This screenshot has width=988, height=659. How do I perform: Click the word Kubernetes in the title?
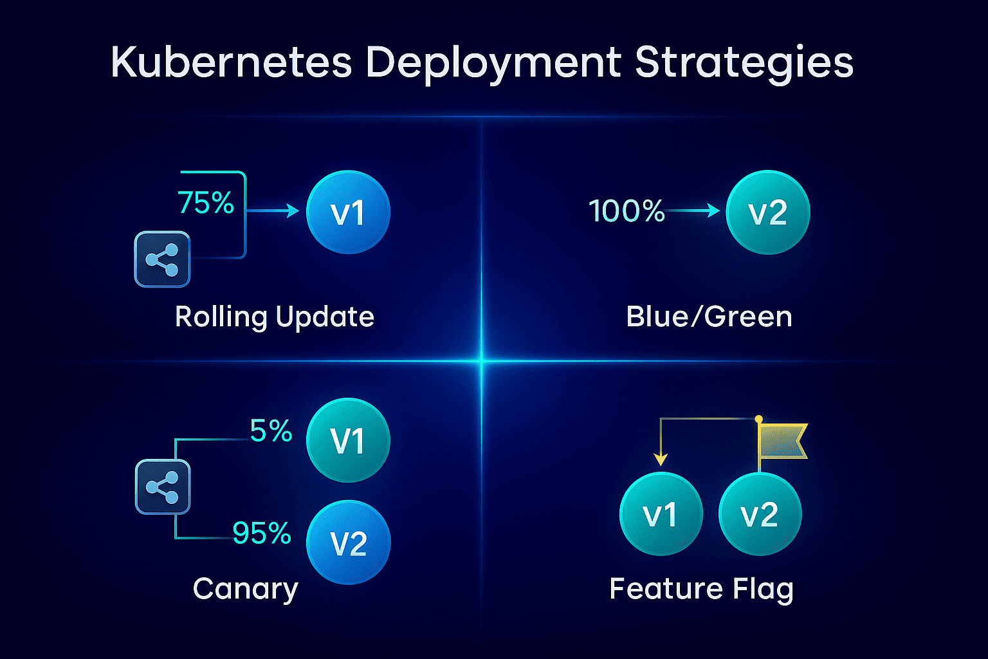click(x=231, y=62)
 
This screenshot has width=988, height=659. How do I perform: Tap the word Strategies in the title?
click(x=744, y=64)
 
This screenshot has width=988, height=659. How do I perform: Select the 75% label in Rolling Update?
click(x=206, y=203)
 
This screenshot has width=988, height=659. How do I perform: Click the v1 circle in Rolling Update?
click(x=349, y=212)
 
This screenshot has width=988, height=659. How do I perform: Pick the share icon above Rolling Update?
click(x=162, y=259)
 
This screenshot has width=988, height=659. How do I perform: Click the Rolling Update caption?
click(x=275, y=317)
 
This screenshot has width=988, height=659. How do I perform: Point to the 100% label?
click(x=627, y=210)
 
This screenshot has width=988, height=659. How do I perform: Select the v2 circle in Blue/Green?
click(x=768, y=212)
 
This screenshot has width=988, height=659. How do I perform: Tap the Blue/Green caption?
click(x=709, y=317)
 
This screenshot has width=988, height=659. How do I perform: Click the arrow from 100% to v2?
click(x=693, y=210)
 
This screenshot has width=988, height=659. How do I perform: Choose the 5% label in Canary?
click(x=271, y=431)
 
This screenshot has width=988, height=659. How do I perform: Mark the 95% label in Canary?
click(x=262, y=533)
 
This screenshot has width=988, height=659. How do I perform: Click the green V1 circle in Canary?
click(x=349, y=440)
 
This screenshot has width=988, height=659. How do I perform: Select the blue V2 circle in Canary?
click(x=349, y=543)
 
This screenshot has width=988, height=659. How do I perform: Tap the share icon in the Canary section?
click(x=163, y=487)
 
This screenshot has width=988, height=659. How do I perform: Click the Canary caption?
click(x=246, y=589)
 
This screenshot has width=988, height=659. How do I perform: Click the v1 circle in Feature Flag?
click(x=661, y=514)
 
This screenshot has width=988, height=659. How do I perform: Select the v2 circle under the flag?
click(x=760, y=514)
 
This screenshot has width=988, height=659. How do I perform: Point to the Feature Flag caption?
click(x=701, y=589)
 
